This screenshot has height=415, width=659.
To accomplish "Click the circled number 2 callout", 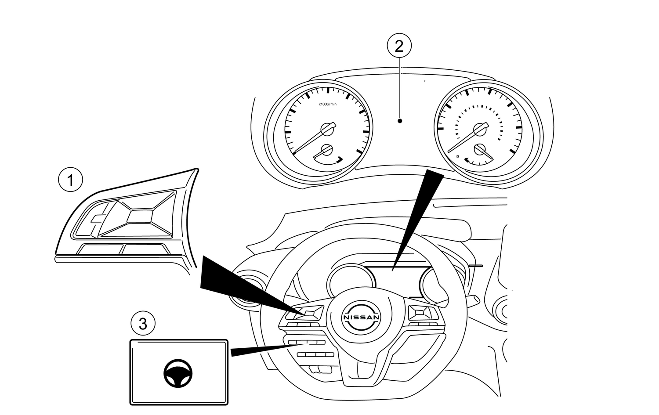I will tap(399, 46).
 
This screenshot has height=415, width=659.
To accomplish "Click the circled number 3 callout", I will tap(143, 324).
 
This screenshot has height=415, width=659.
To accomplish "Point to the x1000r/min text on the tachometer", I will tap(327, 104).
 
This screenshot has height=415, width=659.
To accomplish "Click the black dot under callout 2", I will tap(399, 120).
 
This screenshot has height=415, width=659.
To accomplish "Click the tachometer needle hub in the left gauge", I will tap(326, 129).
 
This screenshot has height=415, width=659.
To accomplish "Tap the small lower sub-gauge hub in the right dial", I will tap(480, 149).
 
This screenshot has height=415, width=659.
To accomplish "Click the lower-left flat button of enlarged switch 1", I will tap(100, 249).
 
